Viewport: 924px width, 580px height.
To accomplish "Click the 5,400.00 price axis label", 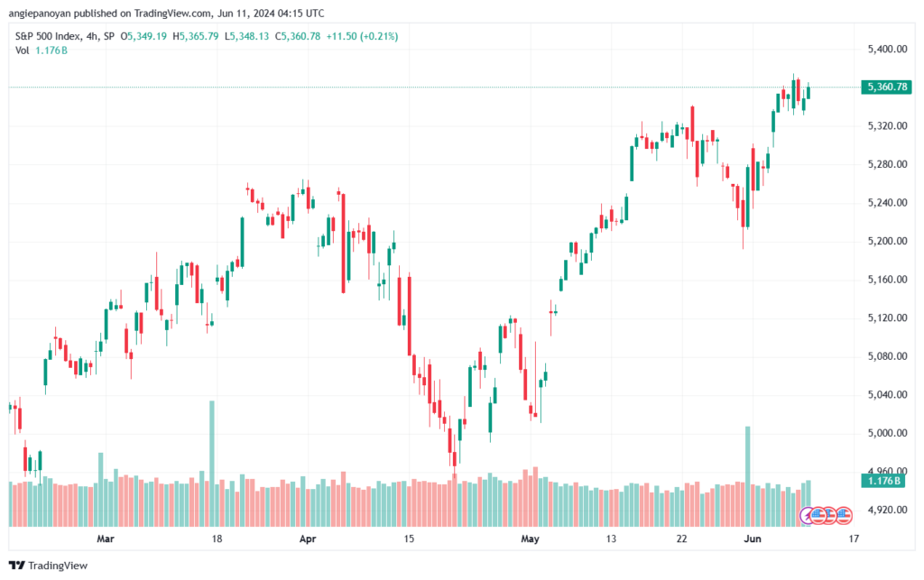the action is pyautogui.click(x=887, y=49).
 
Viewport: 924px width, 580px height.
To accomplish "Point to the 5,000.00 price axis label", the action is pyautogui.click(x=887, y=433).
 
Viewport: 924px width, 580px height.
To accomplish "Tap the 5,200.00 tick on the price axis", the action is pyautogui.click(x=887, y=241).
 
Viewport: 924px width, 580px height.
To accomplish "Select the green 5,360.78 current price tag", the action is pyautogui.click(x=886, y=87).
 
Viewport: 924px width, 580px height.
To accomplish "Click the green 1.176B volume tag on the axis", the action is pyautogui.click(x=883, y=481).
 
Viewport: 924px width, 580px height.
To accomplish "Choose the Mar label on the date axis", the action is pyautogui.click(x=106, y=539).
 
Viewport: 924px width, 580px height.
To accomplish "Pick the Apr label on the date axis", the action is pyautogui.click(x=308, y=539).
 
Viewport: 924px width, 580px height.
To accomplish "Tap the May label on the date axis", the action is pyautogui.click(x=530, y=539).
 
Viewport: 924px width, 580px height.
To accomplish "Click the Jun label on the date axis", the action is pyautogui.click(x=752, y=539).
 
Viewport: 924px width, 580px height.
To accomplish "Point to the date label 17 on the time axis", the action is pyautogui.click(x=854, y=539).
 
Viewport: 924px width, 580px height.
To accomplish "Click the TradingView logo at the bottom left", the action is pyautogui.click(x=49, y=566).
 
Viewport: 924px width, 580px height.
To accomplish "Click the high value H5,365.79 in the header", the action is pyautogui.click(x=196, y=36).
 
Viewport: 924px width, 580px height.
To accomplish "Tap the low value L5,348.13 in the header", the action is pyautogui.click(x=246, y=36).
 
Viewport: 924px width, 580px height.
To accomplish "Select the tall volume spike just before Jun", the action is pyautogui.click(x=748, y=476).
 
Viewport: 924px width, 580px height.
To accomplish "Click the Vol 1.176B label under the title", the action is pyautogui.click(x=42, y=51).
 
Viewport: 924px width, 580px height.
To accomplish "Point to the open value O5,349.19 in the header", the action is pyautogui.click(x=143, y=36).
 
